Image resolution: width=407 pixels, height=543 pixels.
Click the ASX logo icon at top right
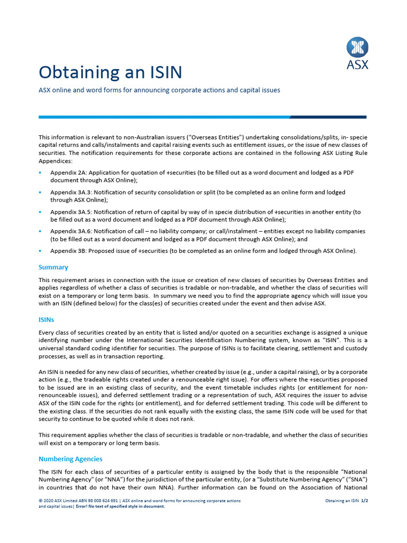tap(357, 47)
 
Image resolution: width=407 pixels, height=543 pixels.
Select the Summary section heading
tap(54, 267)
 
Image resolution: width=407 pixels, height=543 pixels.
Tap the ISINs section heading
tap(47, 320)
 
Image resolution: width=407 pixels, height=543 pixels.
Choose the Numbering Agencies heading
tap(70, 459)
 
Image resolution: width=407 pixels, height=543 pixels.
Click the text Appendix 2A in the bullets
tap(69, 173)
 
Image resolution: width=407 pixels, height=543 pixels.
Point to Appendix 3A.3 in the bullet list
tap(72, 192)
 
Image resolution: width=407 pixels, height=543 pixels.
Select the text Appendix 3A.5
tap(72, 212)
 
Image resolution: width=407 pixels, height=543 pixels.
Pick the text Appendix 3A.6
tap(72, 232)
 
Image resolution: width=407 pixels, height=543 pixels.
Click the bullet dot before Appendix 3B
tap(40, 251)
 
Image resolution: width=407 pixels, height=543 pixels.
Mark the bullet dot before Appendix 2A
tap(40, 173)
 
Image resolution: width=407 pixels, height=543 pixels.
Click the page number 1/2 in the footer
tap(364, 500)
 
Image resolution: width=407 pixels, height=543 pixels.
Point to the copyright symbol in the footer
tap(40, 500)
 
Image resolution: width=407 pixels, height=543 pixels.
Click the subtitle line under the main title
tap(159, 90)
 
